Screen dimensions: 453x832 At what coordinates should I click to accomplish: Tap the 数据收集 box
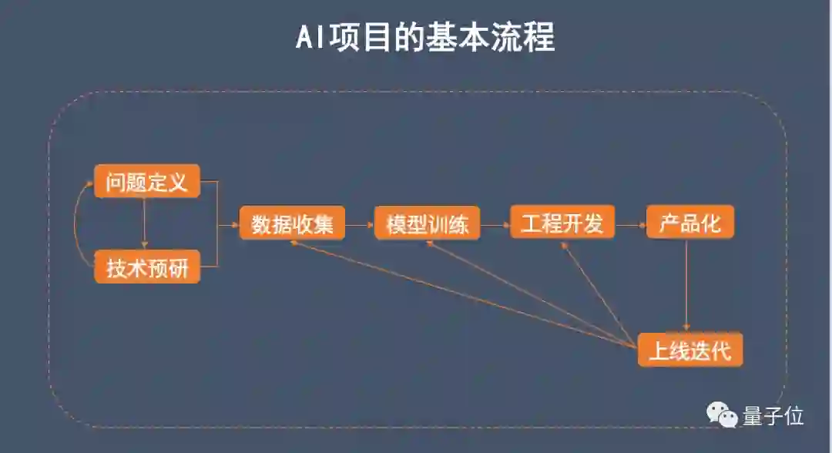coord(292,224)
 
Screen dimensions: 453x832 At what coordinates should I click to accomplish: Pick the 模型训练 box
coord(427,224)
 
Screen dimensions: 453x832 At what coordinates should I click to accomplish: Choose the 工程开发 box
coord(562,223)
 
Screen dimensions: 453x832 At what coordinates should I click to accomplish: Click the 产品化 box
coord(689,223)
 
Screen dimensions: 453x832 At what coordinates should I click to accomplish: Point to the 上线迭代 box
coord(689,351)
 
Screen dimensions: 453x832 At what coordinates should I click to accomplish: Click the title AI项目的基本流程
coord(424,37)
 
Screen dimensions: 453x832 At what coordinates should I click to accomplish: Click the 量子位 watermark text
coord(773,416)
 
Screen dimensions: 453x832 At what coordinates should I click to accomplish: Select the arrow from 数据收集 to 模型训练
coord(360,226)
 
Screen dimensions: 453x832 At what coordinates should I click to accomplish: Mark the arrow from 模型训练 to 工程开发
coord(495,226)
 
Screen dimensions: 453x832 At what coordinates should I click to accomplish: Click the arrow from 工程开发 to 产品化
coord(631,226)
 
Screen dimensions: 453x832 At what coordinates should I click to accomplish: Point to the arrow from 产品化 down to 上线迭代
coord(686,285)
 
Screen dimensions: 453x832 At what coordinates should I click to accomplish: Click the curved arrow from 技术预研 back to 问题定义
coord(77,225)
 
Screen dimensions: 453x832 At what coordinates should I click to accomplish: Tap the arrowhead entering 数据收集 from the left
coord(234,226)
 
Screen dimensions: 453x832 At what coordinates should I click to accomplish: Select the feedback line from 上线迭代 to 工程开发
coord(597,289)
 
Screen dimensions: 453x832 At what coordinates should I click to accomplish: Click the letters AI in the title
coord(310,38)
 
